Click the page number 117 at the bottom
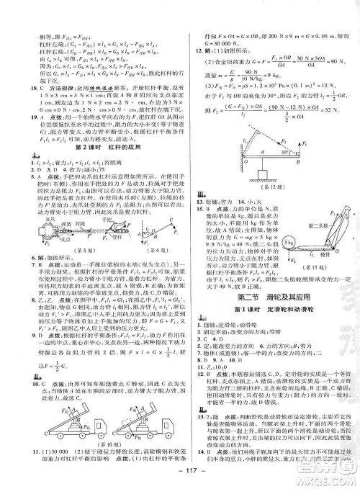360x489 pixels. pos(180,480)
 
